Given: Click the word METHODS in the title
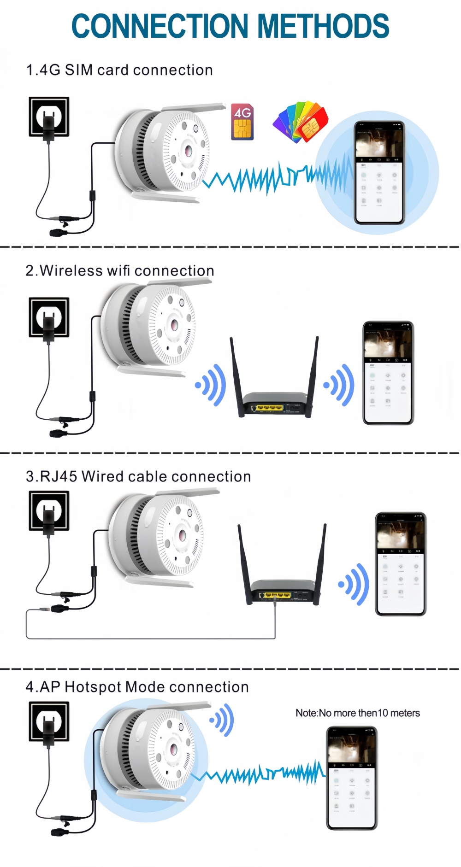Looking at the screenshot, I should (323, 26).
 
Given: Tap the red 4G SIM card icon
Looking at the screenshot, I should (242, 122).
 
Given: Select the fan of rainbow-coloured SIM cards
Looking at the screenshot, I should (301, 122).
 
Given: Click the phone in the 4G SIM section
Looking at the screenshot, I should (379, 173).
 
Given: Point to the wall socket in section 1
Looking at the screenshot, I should (49, 117).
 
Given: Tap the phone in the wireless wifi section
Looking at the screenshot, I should (388, 373).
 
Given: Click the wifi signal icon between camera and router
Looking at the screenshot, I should (211, 385).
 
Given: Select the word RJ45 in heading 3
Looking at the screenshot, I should (59, 476).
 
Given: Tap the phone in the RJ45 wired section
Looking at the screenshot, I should (401, 564).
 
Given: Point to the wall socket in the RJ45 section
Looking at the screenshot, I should (49, 510).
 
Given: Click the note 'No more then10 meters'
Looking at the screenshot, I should (358, 713).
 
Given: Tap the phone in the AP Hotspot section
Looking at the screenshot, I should (352, 778).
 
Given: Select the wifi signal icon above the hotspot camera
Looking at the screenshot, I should (223, 719).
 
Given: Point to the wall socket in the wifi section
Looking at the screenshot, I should (49, 317).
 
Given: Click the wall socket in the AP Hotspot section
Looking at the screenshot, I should (49, 721).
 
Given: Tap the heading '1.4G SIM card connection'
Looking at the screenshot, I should (119, 70).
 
